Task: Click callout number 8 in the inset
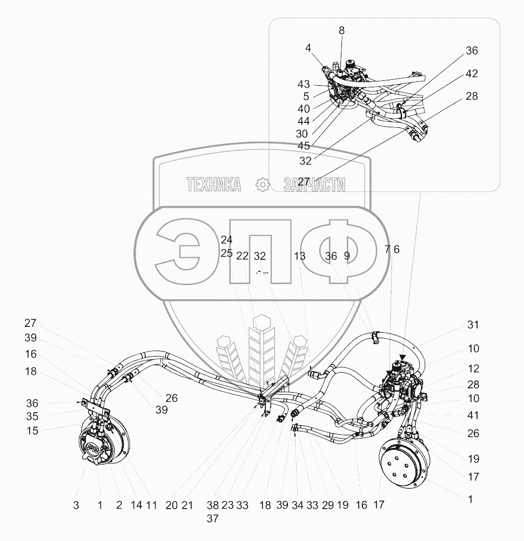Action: point(341,31)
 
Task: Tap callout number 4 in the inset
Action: point(308,48)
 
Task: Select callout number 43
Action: point(304,85)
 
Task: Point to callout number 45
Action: point(304,146)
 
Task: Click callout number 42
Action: point(472,74)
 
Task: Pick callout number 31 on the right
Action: point(473,325)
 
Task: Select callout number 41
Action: point(473,416)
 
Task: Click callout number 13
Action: point(300,256)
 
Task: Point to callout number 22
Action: point(242,256)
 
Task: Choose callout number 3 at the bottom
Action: point(76,505)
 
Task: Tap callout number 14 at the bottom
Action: point(137,505)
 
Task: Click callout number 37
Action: point(213,518)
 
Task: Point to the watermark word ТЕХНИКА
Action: point(214,185)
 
